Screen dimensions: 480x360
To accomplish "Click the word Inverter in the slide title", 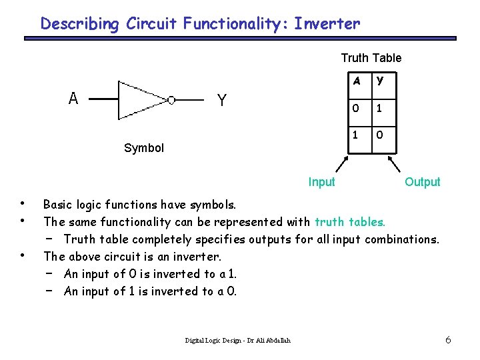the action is coord(327,25).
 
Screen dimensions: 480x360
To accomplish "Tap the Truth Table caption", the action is coord(371,58).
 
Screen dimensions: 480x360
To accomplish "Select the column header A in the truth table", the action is coord(357,81).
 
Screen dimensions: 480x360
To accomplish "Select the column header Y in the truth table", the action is coord(380,81).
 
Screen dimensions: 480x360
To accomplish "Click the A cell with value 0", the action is coord(357,108).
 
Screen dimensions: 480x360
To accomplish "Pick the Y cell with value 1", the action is coord(380,108).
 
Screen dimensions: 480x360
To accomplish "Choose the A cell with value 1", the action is coord(357,135).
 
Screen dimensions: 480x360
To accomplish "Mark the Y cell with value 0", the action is coord(380,135).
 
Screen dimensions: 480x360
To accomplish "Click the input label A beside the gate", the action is coord(73,99).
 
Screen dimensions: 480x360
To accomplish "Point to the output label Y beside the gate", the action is coord(222,101).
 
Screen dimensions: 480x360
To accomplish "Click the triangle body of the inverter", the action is coord(137,100).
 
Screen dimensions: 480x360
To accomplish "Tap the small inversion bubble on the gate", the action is coord(171,100).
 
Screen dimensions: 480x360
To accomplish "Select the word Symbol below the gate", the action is coord(144,148).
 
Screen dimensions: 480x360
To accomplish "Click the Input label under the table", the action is coord(321,182).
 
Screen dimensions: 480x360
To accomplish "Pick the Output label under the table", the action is coord(423,182).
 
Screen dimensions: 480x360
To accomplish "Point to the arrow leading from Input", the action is coord(339,165).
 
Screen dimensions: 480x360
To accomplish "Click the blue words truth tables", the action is coord(350,221).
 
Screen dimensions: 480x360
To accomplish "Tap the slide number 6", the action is coord(448,341).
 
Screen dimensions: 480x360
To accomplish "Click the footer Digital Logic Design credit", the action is coord(237,341).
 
